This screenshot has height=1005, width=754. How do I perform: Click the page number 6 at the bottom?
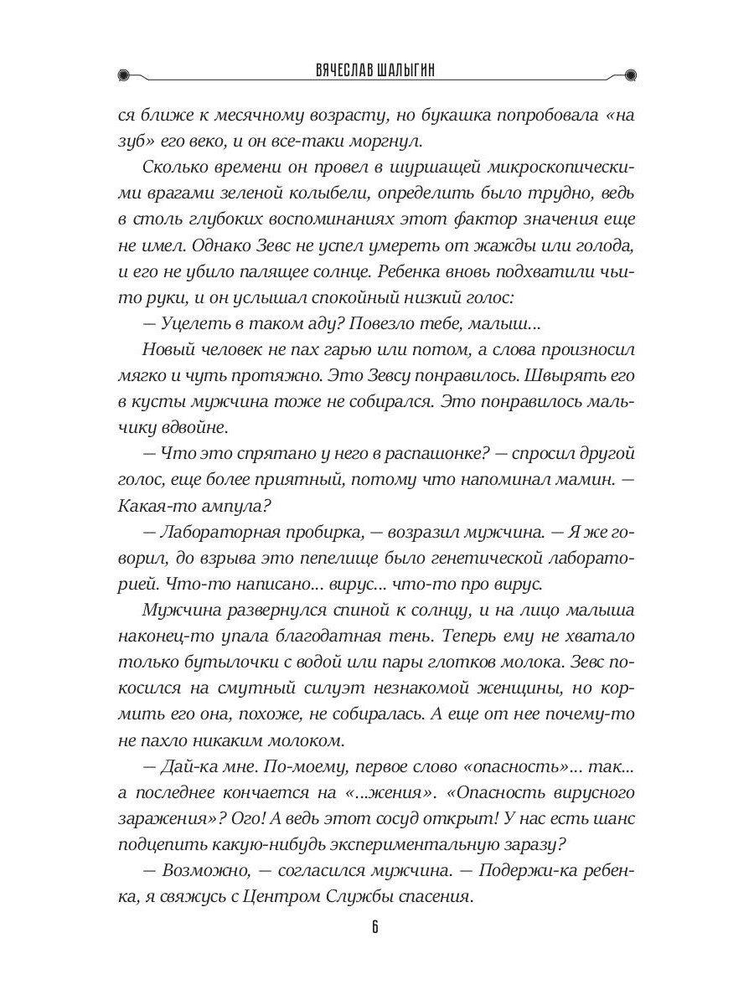click(x=376, y=926)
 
